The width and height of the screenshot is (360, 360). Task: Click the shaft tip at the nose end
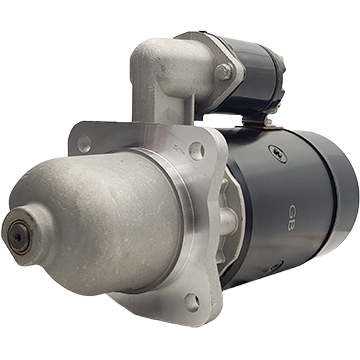19,236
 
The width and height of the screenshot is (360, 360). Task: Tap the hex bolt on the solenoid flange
224,72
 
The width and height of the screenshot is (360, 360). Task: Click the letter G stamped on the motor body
292,210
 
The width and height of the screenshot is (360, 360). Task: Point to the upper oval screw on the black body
277,154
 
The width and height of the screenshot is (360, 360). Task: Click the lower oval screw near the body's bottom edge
274,267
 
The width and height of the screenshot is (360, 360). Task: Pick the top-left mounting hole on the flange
84,144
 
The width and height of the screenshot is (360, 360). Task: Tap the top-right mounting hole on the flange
197,151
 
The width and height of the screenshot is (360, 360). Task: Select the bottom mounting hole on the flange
193,302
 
